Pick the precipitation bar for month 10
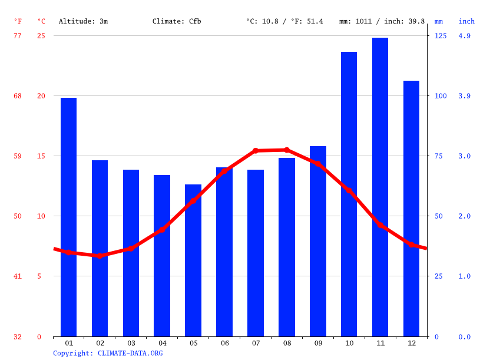click(349, 194)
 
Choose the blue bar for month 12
click(411, 209)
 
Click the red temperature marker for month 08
click(287, 150)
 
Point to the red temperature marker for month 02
click(100, 256)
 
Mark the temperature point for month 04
click(162, 230)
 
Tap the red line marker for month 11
click(380, 225)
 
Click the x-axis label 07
click(256, 343)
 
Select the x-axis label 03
click(131, 343)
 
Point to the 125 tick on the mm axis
click(441, 36)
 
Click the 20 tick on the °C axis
click(39, 96)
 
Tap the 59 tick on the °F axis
click(18, 156)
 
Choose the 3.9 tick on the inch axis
click(464, 96)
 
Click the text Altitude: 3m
click(83, 21)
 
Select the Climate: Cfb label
click(177, 21)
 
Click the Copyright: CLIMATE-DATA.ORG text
click(108, 353)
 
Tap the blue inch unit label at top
click(466, 21)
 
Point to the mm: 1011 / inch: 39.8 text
click(382, 21)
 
